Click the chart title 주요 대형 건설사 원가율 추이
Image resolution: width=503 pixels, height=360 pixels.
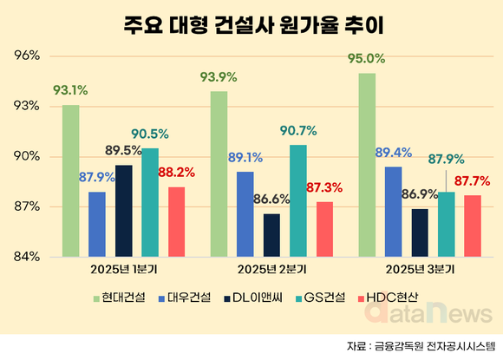(251, 23)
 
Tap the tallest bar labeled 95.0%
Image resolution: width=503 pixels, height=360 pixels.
(367, 165)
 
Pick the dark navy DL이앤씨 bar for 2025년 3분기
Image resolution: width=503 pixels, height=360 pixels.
(420, 232)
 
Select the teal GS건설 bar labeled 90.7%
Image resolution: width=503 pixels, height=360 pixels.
(298, 200)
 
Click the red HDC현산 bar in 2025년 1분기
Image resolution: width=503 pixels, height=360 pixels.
(177, 221)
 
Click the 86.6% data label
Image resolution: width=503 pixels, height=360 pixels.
(271, 200)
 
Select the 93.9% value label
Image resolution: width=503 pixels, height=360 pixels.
(219, 77)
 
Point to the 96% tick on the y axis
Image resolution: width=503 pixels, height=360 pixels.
(28, 56)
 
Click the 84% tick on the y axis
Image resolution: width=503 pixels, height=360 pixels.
(28, 257)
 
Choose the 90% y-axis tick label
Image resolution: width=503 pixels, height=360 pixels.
(28, 157)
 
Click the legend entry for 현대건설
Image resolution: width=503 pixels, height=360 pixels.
(120, 298)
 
